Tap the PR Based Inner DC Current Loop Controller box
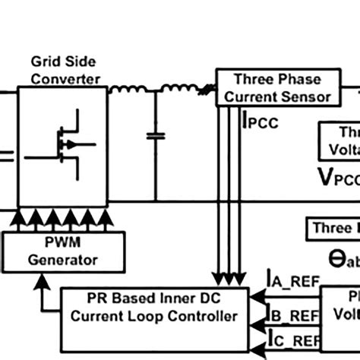154,308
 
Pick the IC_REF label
289,343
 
